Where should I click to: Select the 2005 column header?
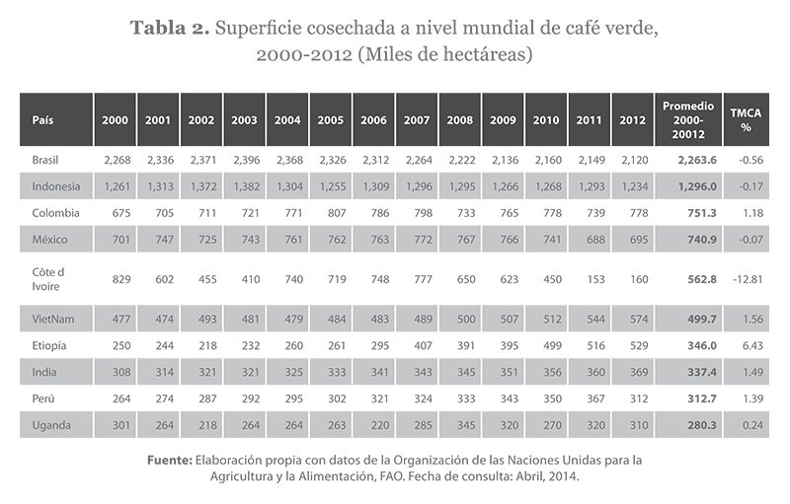tap(330, 119)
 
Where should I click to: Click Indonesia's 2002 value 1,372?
tap(200, 185)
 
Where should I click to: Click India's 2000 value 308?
tap(118, 372)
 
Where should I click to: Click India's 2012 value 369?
tap(633, 372)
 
